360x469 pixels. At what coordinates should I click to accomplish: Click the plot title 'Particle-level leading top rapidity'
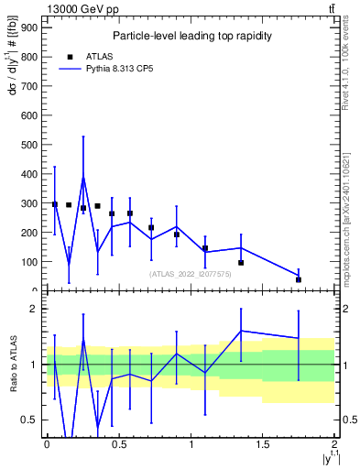point(191,36)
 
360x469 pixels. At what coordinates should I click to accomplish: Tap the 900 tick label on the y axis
point(27,27)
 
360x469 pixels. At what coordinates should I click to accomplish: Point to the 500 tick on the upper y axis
point(27,145)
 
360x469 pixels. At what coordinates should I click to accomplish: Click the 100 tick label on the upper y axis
point(27,262)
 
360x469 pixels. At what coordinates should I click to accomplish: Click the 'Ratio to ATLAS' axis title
point(12,365)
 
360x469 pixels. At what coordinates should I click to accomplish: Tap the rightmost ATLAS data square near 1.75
point(299,279)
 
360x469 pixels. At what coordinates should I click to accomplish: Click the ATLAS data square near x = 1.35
point(241,263)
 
